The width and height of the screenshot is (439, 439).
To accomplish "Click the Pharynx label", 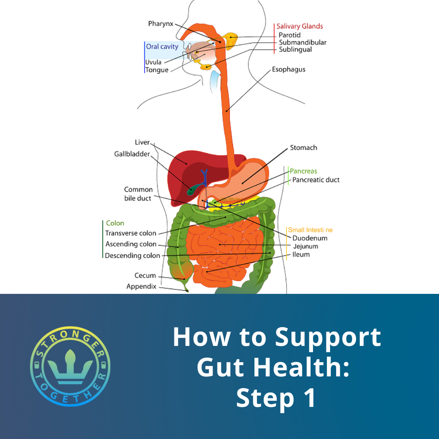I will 161,24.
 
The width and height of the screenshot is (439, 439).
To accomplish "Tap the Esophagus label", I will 289,70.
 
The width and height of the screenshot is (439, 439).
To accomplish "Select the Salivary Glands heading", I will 300,26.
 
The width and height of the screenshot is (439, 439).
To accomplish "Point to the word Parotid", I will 289,35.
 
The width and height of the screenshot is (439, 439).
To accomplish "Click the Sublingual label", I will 295,50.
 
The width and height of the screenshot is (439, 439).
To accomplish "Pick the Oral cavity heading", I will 162,47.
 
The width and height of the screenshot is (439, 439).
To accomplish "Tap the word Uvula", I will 153,62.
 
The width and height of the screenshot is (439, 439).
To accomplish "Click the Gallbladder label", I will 132,154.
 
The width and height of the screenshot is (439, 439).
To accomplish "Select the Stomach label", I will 303,148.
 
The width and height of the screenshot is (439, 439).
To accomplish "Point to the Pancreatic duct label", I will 316,180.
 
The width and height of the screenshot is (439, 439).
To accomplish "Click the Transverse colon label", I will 130,233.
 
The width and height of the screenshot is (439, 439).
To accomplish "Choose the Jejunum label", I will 305,246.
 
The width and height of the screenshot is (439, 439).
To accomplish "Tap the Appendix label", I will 141,286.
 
